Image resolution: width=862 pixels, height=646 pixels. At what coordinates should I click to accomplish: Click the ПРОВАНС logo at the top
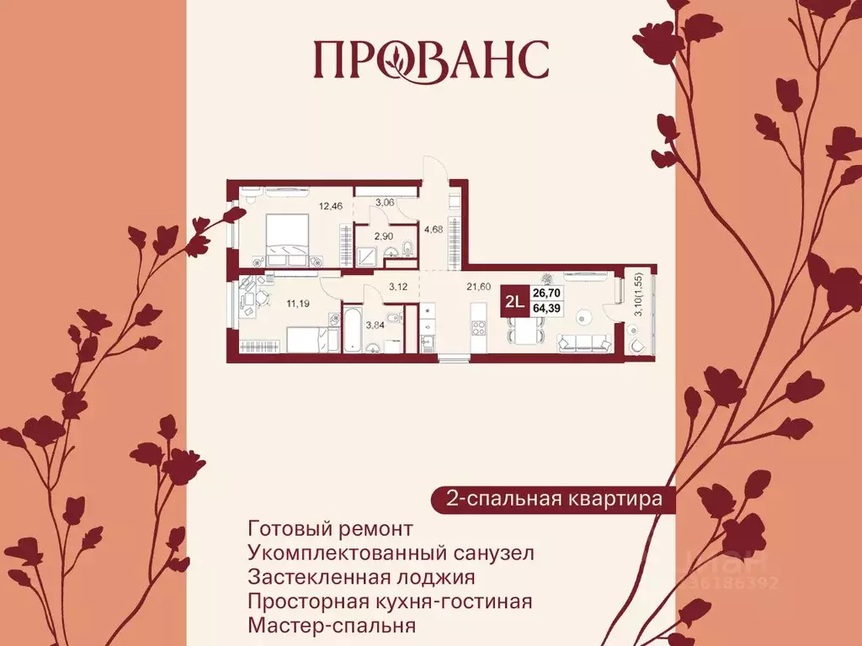[x=430, y=59]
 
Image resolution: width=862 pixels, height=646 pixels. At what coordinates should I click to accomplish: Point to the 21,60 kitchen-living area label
[x=479, y=286]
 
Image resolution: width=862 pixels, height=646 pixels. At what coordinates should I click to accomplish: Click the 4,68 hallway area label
[x=434, y=227]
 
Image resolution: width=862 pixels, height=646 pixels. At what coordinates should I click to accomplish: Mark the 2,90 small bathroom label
[x=383, y=236]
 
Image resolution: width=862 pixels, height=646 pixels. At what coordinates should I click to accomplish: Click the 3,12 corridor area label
[x=397, y=286]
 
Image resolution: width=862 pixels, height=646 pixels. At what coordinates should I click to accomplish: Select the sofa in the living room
[x=584, y=342]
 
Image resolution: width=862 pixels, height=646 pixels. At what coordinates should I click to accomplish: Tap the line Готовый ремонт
[x=331, y=529]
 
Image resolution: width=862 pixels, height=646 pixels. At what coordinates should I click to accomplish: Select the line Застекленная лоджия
[x=362, y=578]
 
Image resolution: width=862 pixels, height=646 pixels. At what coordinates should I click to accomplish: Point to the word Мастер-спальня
[x=333, y=626]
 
